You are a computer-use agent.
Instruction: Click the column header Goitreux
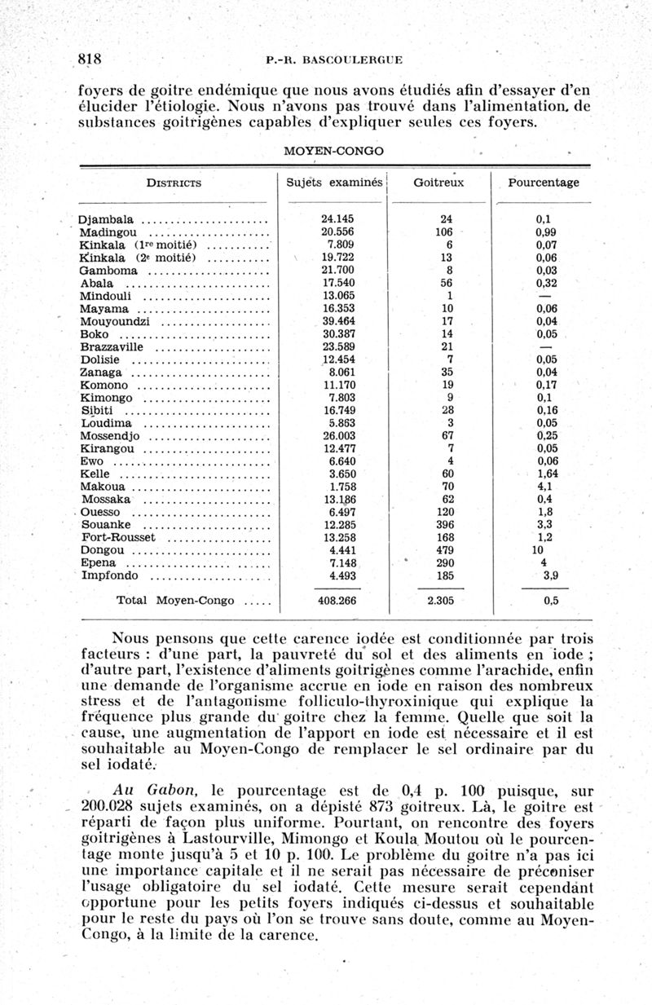point(438,183)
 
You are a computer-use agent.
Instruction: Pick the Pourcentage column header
point(544,183)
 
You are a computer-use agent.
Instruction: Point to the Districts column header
point(174,183)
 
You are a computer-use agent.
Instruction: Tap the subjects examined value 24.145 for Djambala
point(337,219)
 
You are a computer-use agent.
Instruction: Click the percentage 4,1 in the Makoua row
point(544,487)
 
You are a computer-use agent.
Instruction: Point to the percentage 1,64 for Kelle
point(547,474)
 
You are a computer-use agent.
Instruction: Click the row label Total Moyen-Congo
point(176,602)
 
